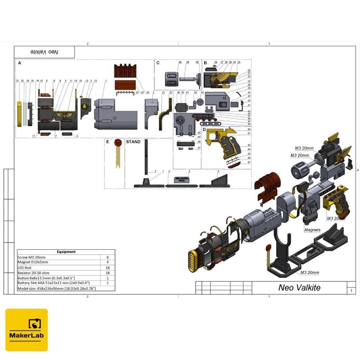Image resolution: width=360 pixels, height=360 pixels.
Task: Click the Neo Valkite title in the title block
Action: (x=299, y=288)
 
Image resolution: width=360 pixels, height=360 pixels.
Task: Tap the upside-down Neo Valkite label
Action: (x=45, y=52)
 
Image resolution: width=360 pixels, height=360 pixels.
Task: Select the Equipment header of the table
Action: (x=66, y=252)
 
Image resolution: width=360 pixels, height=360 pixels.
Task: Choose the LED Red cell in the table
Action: (x=27, y=267)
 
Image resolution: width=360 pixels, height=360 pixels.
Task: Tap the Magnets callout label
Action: (x=312, y=230)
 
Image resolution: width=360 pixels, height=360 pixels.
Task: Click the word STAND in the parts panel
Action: (x=133, y=142)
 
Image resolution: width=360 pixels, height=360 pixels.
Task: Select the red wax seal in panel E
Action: (x=118, y=143)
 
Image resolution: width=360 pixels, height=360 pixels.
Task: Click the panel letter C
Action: (x=158, y=63)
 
